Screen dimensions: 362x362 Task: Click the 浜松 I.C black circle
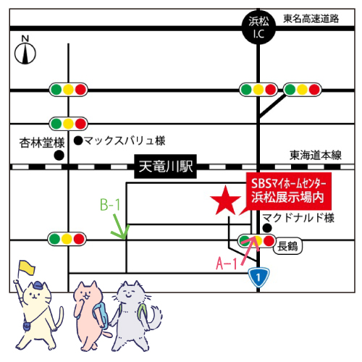(258, 28)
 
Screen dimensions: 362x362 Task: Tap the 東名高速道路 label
(311, 19)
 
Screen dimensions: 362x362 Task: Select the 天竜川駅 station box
(165, 167)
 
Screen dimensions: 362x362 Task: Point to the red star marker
(225, 201)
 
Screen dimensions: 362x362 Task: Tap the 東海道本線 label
(316, 155)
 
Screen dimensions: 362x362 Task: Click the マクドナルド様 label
(298, 218)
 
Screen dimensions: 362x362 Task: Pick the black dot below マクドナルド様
(267, 228)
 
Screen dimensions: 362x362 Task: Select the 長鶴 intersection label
(287, 246)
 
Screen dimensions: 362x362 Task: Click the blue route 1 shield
(258, 277)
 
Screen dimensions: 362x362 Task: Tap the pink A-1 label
(227, 263)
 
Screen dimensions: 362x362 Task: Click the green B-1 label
(110, 205)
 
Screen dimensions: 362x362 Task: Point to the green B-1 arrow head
(124, 237)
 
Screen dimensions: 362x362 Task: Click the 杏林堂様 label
(42, 143)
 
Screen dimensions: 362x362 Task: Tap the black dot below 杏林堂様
(59, 156)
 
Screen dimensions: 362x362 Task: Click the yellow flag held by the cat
(27, 267)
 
